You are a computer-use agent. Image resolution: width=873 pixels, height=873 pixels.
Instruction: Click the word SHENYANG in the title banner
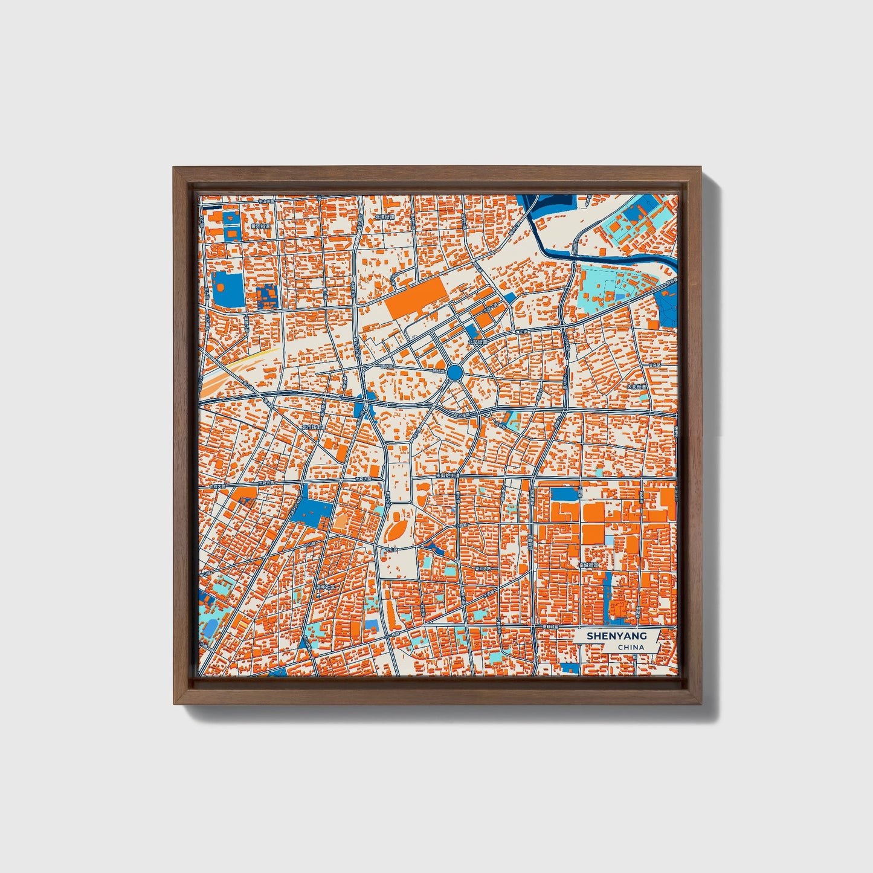click(616, 636)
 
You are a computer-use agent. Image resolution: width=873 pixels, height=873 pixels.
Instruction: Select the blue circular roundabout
click(455, 372)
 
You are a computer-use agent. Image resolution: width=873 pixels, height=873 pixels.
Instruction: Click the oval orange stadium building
click(397, 530)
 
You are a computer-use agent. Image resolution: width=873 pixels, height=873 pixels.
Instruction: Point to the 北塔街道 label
click(384, 216)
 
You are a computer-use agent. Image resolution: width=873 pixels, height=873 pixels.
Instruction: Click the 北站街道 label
click(477, 341)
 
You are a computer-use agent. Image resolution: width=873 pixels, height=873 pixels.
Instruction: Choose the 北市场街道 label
click(314, 427)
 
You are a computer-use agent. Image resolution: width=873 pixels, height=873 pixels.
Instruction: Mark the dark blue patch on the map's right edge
click(668, 305)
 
